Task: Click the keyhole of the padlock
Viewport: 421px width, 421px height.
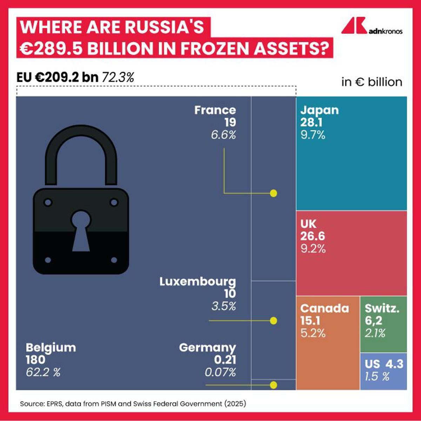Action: [81, 230]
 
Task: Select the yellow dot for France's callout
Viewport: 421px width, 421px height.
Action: [274, 193]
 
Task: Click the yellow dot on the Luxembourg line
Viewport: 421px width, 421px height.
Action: [274, 321]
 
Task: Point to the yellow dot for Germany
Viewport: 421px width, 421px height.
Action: [274, 385]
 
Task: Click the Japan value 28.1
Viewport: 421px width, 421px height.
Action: [311, 122]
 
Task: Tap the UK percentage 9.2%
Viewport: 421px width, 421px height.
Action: [313, 249]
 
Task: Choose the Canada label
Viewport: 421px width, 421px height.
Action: [325, 308]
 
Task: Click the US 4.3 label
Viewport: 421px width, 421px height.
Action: [384, 364]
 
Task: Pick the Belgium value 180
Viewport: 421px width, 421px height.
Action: [35, 360]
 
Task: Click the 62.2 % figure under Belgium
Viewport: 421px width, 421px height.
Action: [43, 372]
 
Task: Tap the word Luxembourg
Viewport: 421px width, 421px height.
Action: [198, 281]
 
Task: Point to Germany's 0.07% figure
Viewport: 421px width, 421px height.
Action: [220, 372]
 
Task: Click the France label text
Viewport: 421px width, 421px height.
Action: [215, 110]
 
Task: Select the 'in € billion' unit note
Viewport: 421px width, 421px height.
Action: [372, 82]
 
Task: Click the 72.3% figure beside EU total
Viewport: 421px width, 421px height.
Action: [118, 78]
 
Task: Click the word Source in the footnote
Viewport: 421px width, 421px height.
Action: [32, 404]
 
